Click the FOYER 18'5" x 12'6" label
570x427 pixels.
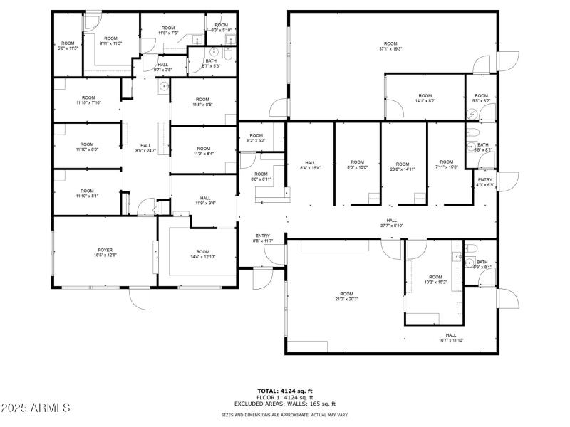click(105, 253)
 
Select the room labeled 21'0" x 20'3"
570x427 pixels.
click(346, 296)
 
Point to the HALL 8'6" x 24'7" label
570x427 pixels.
click(145, 148)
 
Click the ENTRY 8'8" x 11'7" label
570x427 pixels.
click(263, 238)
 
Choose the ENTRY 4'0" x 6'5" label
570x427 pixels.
click(484, 182)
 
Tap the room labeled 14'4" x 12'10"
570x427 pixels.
click(203, 254)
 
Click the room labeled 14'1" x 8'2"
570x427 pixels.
click(425, 98)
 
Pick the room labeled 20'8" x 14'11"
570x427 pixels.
click(403, 167)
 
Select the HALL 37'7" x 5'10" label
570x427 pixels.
click(391, 223)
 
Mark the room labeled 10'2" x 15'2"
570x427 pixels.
click(435, 279)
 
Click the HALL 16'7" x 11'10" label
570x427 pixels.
click(451, 337)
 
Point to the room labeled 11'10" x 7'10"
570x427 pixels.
click(88, 100)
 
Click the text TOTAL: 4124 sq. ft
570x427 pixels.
click(284, 391)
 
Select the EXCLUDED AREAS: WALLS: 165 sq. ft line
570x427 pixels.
click(284, 403)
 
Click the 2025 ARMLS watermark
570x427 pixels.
click(36, 408)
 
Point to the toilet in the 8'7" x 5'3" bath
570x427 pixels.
click(227, 53)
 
